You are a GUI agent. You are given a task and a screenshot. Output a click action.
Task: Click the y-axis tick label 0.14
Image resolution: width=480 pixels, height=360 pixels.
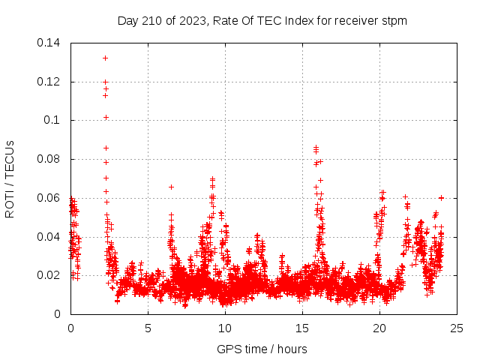pos(49,43)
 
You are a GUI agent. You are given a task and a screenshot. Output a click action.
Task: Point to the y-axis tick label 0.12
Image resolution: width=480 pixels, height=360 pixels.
pos(49,82)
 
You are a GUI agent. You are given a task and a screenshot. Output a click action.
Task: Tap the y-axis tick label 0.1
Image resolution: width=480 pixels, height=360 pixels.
pos(52,120)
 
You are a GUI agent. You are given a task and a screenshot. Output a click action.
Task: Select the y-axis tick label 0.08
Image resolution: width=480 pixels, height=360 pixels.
pos(49,159)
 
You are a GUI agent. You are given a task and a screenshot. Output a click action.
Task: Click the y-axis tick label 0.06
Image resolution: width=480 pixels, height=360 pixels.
pos(49,198)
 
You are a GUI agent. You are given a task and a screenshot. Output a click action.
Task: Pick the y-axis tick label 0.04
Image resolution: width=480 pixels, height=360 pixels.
pos(49,237)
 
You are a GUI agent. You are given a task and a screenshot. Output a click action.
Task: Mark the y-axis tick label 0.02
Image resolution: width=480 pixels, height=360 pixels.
pos(49,275)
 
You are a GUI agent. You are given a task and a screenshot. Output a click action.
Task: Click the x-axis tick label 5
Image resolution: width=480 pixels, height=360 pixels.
pos(148,328)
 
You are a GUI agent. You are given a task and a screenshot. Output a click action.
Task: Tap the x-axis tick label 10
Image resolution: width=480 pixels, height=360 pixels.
pos(225,328)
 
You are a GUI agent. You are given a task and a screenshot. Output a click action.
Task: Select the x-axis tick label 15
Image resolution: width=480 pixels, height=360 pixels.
pos(302,328)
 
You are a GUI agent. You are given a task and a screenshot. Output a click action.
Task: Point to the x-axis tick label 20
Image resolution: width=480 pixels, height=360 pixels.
pos(379,328)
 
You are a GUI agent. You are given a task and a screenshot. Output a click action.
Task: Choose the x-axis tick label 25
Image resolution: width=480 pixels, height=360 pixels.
pos(457,328)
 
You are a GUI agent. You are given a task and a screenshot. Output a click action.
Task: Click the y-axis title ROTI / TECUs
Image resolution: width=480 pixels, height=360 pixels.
pos(10,178)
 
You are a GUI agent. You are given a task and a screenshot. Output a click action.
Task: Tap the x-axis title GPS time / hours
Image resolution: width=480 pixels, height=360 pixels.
pos(263,349)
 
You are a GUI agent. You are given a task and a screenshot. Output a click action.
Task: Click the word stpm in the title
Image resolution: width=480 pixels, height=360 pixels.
pos(394,21)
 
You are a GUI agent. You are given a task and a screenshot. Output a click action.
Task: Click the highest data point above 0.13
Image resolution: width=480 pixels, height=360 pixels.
pos(106,58)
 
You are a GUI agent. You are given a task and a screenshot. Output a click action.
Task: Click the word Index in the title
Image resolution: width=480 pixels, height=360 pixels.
pos(298,21)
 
